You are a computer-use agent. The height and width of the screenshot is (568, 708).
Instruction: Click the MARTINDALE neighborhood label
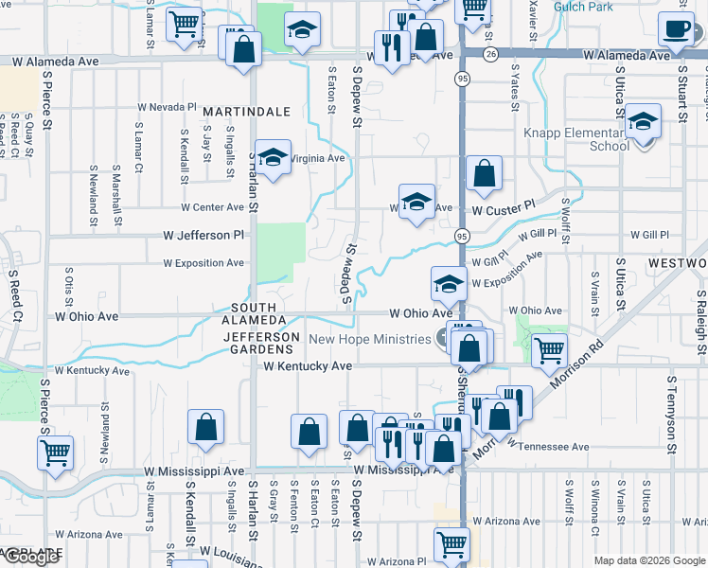pos(246,112)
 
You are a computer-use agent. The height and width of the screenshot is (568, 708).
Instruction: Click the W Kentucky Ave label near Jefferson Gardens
pos(308,365)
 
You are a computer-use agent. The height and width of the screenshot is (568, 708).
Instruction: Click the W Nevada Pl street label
pos(167,108)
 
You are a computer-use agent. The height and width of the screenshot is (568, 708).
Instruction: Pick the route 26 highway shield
pos(489,55)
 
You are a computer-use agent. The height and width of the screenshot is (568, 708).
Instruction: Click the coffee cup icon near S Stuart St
pos(677,29)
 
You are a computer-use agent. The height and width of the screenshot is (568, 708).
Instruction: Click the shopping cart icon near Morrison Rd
pos(550,350)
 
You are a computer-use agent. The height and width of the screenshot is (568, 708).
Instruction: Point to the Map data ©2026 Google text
pos(648,560)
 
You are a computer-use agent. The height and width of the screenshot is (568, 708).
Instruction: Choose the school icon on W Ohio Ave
pos(449,283)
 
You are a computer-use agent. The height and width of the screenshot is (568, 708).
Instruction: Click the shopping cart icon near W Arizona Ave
pos(451,544)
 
